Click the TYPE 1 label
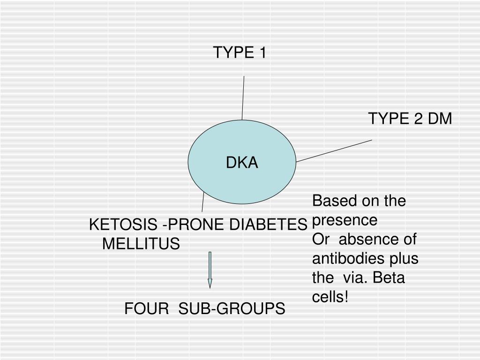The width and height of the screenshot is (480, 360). click(240, 53)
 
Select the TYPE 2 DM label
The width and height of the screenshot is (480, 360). click(410, 119)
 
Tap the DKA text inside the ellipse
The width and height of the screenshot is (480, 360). click(242, 163)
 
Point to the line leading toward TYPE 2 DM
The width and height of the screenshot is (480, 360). click(334, 150)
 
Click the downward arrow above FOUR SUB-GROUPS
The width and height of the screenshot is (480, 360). click(210, 270)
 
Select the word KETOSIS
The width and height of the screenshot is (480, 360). click(123, 225)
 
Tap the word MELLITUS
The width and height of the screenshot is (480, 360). click(141, 244)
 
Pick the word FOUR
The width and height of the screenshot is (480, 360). click(146, 309)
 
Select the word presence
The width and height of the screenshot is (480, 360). click(345, 220)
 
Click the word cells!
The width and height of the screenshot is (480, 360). click(330, 297)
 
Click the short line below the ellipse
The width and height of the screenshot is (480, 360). click(203, 202)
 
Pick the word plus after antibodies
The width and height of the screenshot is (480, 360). click(404, 259)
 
